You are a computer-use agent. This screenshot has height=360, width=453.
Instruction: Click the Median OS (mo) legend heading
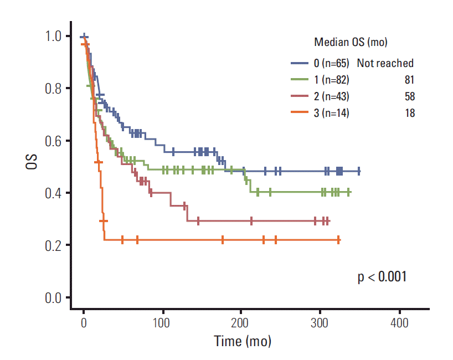coord(350,42)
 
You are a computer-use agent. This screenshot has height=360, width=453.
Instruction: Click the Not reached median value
coord(385,63)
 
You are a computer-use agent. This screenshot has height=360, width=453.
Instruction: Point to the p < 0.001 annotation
coord(382,276)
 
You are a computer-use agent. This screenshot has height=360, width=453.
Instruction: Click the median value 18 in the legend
coord(409,113)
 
